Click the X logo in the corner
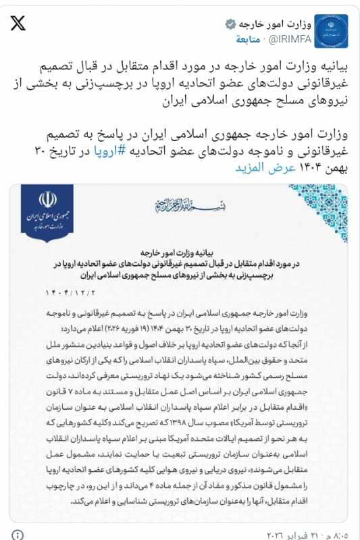tap(18, 25)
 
